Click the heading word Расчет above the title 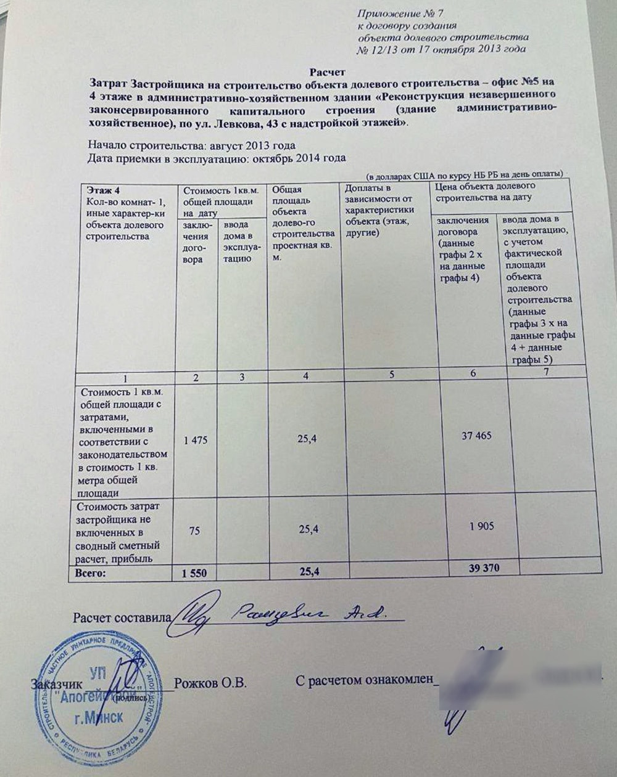click(328, 72)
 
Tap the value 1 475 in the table click(196, 440)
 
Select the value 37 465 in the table click(476, 436)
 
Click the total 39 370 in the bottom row click(484, 567)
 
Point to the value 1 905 click(481, 526)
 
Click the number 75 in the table click(194, 529)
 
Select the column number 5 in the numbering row click(391, 374)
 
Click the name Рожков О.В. click(210, 683)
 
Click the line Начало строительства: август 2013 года click(192, 145)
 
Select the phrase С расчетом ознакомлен click(365, 681)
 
